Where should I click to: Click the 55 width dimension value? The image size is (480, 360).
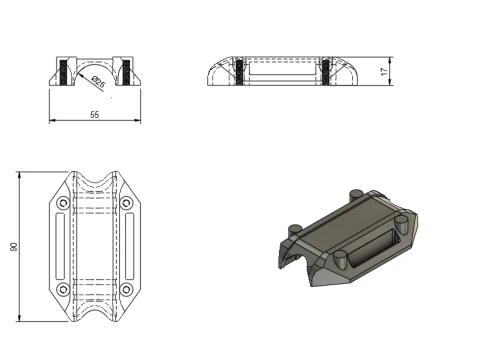point(94,115)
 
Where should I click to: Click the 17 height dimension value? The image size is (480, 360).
point(384,72)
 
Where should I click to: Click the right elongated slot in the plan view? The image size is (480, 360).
point(127,247)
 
